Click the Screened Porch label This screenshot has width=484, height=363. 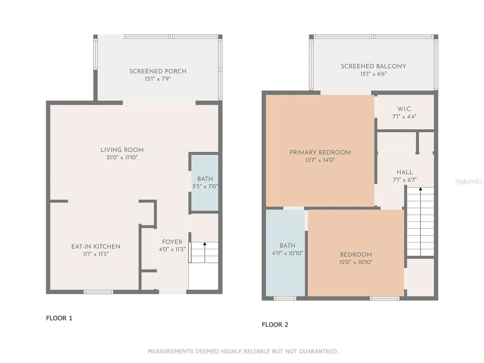click(x=158, y=71)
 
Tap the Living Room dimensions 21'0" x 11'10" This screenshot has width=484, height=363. click(x=122, y=158)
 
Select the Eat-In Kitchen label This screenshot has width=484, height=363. click(x=96, y=247)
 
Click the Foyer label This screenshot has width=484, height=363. click(x=172, y=242)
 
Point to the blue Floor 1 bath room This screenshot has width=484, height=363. click(x=205, y=183)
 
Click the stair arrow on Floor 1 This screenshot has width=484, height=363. click(x=205, y=252)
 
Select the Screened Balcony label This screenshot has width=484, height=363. click(x=373, y=66)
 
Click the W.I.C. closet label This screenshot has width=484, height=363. click(x=405, y=109)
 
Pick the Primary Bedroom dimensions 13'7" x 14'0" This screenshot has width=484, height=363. click(x=320, y=160)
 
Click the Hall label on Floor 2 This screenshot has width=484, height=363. click(x=405, y=172)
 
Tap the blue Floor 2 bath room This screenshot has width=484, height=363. click(x=285, y=253)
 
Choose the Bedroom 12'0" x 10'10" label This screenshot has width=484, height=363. click(x=356, y=255)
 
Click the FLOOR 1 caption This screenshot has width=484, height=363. click(x=59, y=318)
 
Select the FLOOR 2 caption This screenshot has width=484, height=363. click(x=275, y=325)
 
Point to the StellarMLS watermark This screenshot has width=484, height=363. click(x=469, y=181)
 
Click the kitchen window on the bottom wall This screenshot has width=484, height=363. click(x=98, y=292)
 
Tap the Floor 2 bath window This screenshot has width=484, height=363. click(x=285, y=298)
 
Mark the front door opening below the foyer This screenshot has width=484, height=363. click(x=173, y=292)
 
